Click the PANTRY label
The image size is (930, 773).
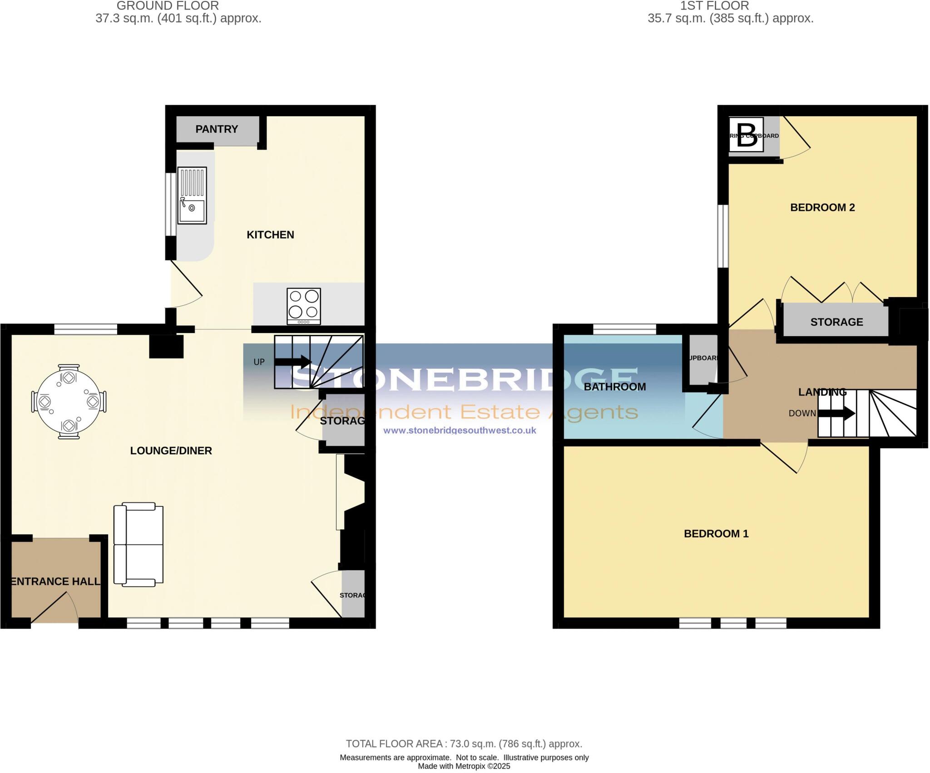(217, 129)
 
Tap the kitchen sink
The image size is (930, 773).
(192, 196)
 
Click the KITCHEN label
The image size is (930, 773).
(270, 235)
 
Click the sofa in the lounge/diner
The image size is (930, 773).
(138, 543)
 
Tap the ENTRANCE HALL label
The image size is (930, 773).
(55, 582)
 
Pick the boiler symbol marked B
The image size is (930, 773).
(746, 135)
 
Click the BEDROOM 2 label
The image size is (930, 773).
(822, 208)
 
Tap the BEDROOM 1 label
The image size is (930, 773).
(716, 534)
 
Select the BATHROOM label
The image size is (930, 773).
(614, 387)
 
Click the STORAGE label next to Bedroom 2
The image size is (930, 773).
(836, 322)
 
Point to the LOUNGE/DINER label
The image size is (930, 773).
(171, 451)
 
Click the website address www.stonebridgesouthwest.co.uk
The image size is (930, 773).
(460, 431)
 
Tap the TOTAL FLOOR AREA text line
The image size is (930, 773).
(464, 744)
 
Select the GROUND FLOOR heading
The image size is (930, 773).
(168, 6)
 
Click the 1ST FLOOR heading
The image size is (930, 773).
(714, 6)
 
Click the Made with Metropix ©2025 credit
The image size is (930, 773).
(464, 767)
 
